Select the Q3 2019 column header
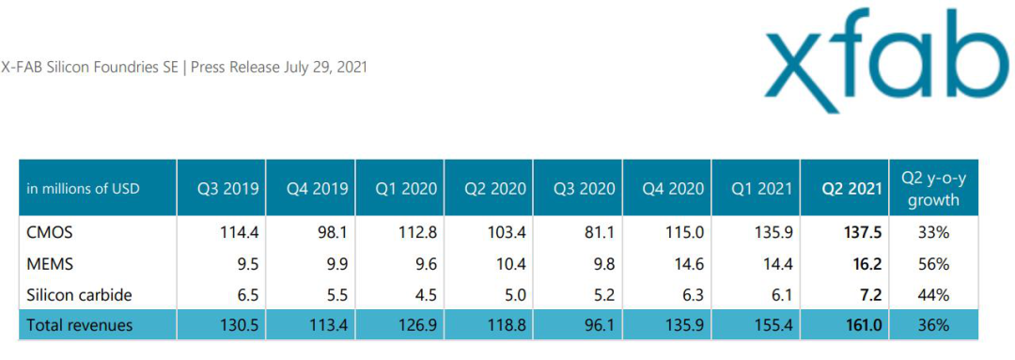(228, 189)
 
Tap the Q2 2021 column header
(851, 189)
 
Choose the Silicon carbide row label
(79, 295)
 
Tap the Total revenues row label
(79, 325)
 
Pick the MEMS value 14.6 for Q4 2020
(690, 264)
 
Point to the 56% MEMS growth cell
(933, 264)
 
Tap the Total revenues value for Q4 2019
(332, 325)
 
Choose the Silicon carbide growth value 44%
(933, 295)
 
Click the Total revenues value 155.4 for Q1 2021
(773, 325)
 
